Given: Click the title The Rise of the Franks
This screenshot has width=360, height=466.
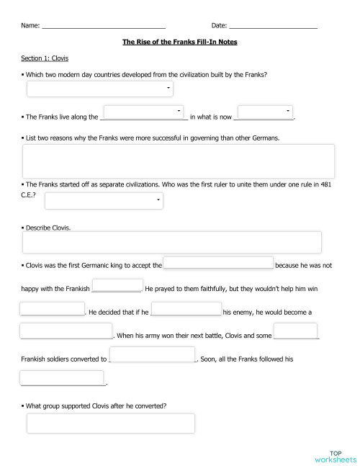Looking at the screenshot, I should (x=179, y=42).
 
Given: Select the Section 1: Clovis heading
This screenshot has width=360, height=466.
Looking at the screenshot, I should (x=45, y=58).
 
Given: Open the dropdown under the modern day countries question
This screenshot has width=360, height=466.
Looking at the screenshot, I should (x=99, y=89).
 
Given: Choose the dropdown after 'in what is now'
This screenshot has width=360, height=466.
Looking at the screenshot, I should (x=264, y=111).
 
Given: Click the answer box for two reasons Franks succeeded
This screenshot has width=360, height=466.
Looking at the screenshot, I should (x=179, y=161).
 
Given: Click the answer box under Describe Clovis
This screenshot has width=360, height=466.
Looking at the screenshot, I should (x=172, y=243).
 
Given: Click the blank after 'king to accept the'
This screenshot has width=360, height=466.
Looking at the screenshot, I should (x=219, y=264).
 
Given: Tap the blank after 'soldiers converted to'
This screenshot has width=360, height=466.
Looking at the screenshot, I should (x=152, y=354).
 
